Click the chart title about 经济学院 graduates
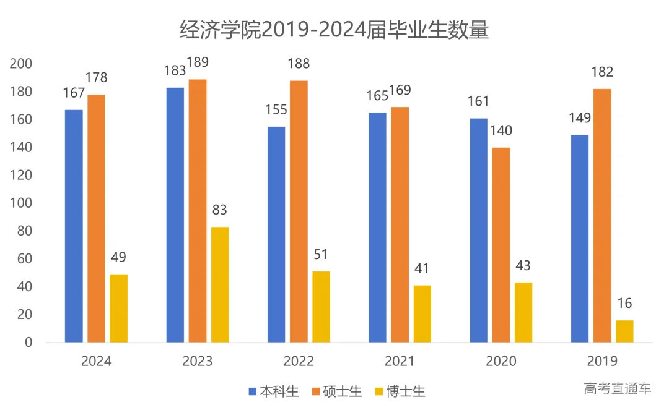click(x=334, y=29)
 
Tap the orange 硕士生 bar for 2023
click(x=198, y=211)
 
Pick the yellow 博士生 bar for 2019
click(x=624, y=331)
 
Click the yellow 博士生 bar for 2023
click(x=220, y=284)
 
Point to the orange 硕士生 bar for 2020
click(x=501, y=245)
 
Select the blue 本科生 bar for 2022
click(x=276, y=234)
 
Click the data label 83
click(x=220, y=210)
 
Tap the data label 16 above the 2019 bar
click(x=624, y=304)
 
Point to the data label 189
click(x=198, y=62)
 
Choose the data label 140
click(x=501, y=130)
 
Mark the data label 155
click(x=276, y=109)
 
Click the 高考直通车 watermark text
click(x=618, y=389)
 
